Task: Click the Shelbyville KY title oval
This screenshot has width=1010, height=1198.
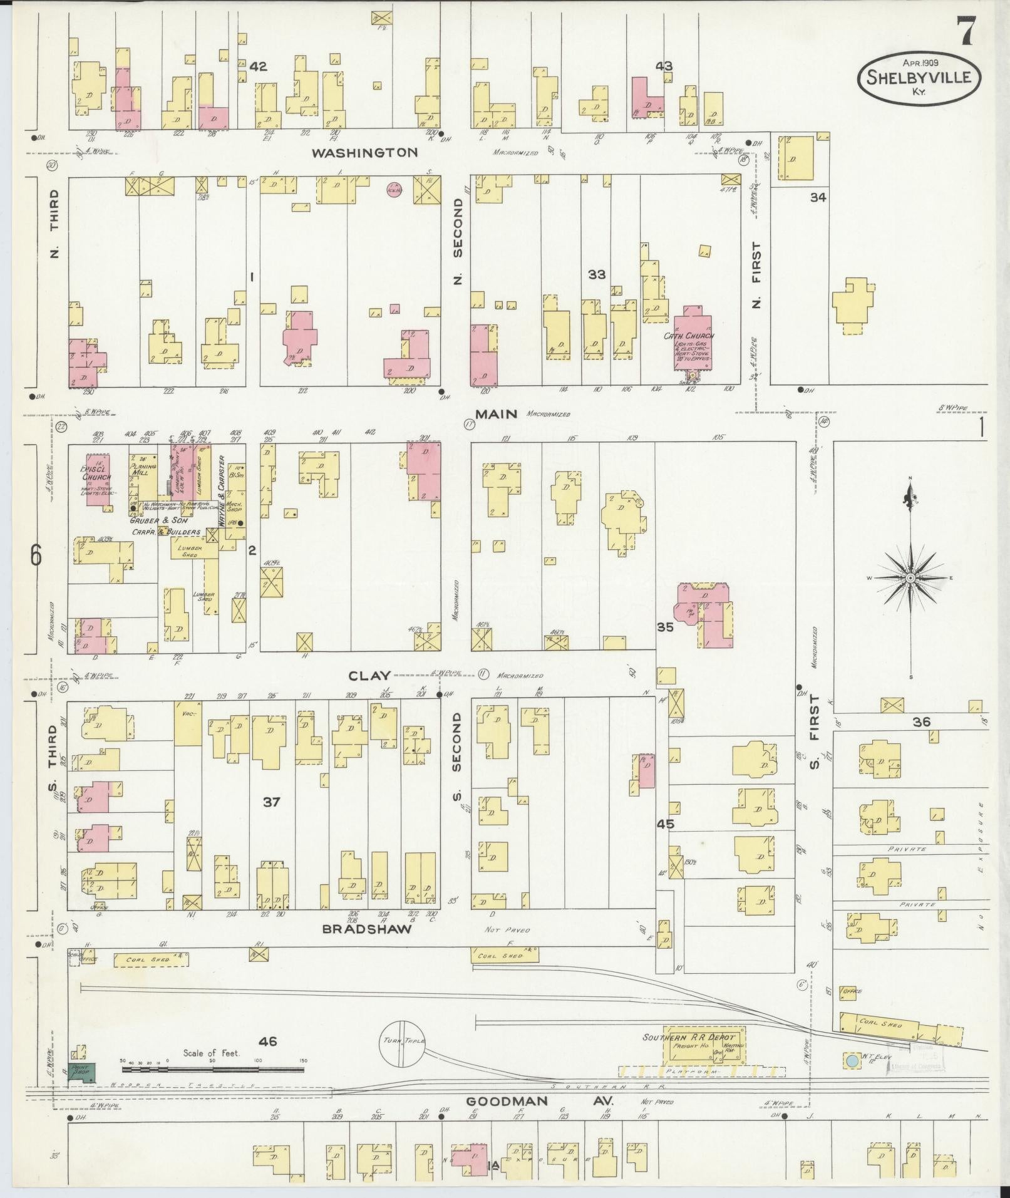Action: point(919,78)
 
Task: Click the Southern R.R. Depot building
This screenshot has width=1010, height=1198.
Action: point(704,1044)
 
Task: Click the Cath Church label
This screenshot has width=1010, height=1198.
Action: point(688,336)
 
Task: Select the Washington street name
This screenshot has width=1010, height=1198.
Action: point(364,152)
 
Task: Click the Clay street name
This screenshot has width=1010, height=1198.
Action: point(369,675)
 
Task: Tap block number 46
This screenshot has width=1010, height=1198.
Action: point(267,1041)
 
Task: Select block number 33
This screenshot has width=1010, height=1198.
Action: point(597,274)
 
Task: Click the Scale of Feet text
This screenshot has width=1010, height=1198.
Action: point(211,1053)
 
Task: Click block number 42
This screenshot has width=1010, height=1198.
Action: point(258,66)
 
